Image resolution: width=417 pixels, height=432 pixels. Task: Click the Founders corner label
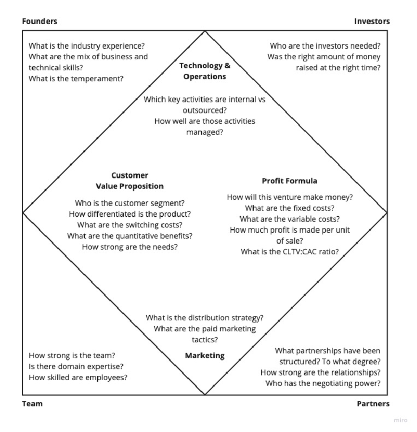point(40,21)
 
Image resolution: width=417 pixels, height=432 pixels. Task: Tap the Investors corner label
point(372,21)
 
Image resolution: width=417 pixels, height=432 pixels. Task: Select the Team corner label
point(32,404)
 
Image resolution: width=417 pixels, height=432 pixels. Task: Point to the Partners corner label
point(373,404)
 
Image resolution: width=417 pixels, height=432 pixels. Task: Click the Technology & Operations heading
point(205,71)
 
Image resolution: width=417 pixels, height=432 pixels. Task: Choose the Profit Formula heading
point(289,181)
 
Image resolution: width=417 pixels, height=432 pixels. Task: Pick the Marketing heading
point(205,355)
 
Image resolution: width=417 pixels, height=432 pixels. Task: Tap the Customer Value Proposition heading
point(130,181)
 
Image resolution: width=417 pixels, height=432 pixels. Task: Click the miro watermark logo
point(400,420)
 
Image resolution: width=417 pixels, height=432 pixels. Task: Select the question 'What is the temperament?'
point(76,78)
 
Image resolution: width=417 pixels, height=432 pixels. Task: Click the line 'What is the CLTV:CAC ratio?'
point(289,251)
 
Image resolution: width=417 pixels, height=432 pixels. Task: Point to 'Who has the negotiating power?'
point(323,383)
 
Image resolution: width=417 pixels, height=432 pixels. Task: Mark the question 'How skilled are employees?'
point(78,377)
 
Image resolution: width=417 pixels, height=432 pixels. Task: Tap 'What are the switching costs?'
point(130,225)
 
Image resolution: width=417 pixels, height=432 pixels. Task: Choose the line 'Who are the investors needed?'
point(325,45)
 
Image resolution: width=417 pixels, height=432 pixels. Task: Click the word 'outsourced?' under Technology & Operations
point(205,110)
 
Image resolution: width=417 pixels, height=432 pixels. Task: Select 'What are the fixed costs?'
point(289,208)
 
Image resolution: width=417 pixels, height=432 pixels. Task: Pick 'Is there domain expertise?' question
point(76,366)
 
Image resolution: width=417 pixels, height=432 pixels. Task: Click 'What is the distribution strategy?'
point(205,317)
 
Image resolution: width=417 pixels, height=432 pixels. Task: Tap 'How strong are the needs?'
point(130,247)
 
